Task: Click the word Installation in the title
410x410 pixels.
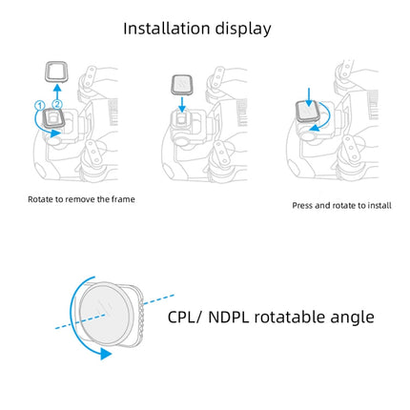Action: (x=168, y=29)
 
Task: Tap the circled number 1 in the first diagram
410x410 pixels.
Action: (x=40, y=104)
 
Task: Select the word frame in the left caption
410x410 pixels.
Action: (x=124, y=198)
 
